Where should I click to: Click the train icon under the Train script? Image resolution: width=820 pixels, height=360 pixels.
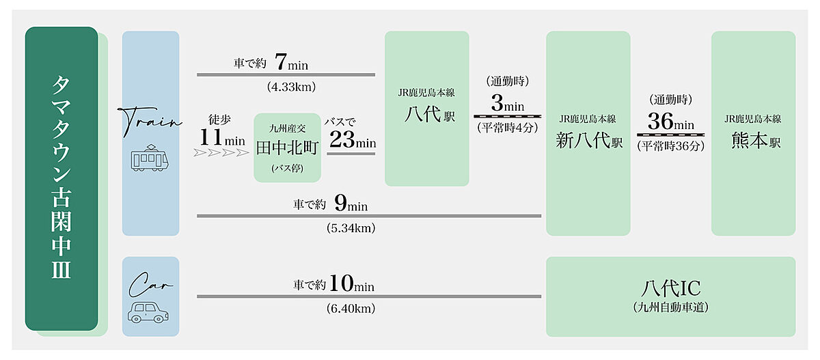(150, 158)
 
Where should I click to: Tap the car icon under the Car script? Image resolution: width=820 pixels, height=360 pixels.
(148, 312)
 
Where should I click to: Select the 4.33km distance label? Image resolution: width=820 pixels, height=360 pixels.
(291, 87)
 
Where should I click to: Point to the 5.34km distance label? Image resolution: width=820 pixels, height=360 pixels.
(351, 228)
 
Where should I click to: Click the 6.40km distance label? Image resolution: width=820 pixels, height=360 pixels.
(351, 308)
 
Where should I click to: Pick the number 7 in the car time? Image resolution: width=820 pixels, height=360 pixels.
(281, 61)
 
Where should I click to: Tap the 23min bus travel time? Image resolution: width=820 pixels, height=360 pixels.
(353, 139)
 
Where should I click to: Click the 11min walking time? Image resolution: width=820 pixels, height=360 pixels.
(222, 137)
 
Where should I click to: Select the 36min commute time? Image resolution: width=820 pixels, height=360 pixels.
(670, 121)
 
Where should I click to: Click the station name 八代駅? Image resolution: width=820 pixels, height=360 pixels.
(430, 114)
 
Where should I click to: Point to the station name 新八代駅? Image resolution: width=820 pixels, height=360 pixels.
(589, 140)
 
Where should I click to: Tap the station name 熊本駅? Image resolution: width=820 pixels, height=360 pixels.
(756, 140)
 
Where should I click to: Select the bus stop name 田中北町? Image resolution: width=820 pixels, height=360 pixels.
(287, 148)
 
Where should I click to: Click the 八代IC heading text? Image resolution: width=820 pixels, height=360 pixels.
(670, 288)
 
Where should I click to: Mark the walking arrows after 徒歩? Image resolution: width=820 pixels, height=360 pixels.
(221, 152)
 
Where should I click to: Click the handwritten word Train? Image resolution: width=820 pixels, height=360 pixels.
(150, 121)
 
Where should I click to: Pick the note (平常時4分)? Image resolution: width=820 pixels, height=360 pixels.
(507, 128)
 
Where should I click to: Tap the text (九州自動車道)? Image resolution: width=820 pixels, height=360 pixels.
(670, 307)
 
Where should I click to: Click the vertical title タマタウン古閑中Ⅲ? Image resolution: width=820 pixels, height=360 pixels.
(61, 178)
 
